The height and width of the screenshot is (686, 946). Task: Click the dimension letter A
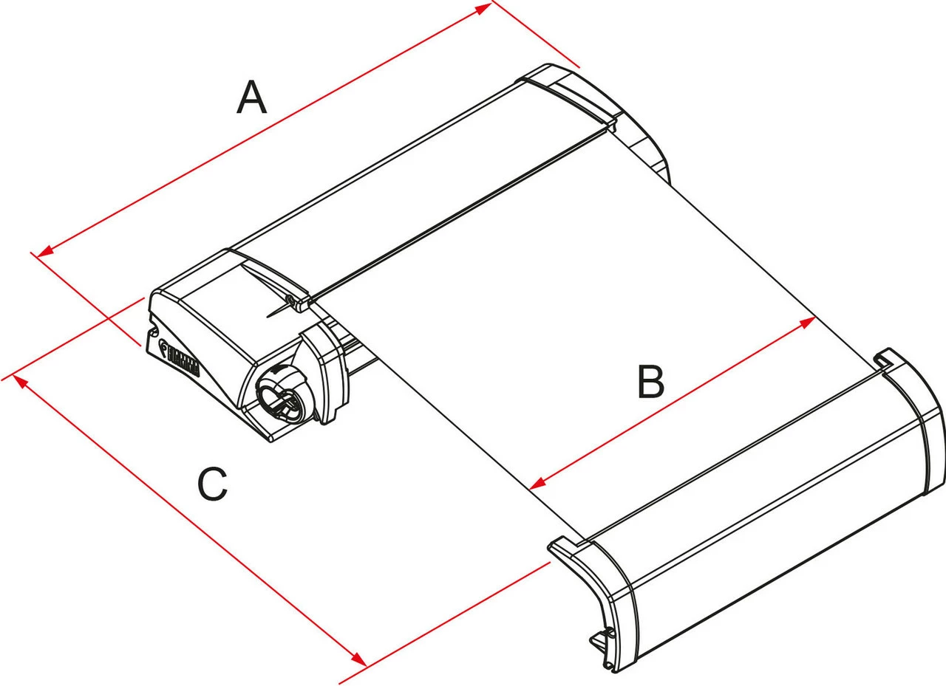pyautogui.click(x=251, y=98)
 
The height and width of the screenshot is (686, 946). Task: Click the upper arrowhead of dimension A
pyautogui.click(x=484, y=7)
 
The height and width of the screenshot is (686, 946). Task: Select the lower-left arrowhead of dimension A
pyautogui.click(x=45, y=253)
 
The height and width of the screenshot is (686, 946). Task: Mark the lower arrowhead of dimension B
pyautogui.click(x=537, y=484)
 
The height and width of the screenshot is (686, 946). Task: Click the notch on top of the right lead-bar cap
pyautogui.click(x=881, y=360)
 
